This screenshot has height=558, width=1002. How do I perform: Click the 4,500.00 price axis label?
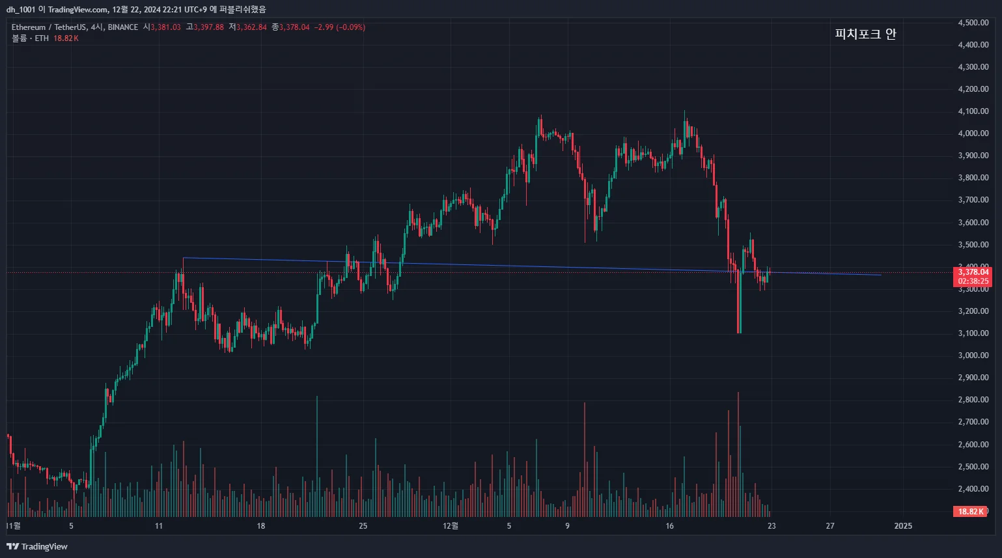point(973,23)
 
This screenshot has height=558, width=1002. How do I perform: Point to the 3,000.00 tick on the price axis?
point(973,356)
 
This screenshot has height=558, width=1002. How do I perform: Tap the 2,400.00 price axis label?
point(973,489)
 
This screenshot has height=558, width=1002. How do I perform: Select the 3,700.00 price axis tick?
point(973,200)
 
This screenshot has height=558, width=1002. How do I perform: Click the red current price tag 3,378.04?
point(973,272)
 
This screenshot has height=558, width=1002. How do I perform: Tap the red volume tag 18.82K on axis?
point(970,512)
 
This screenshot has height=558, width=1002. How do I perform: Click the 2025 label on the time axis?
point(903,526)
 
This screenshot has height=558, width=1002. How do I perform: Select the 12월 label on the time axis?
point(451,526)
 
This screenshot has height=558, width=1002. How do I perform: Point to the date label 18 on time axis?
point(260,526)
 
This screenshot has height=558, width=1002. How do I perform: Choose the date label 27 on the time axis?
point(830,526)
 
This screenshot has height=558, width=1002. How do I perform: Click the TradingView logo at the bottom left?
point(37,546)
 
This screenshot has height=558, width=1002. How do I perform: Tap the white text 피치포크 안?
point(865,34)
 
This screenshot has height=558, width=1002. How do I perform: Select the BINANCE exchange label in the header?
point(123,27)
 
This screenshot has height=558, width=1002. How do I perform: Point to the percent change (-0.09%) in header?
point(351,27)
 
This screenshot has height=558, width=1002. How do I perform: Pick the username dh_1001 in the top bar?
point(21,10)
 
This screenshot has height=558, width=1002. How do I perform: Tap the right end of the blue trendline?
point(881,275)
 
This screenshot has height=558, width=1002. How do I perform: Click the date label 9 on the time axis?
point(567,526)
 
